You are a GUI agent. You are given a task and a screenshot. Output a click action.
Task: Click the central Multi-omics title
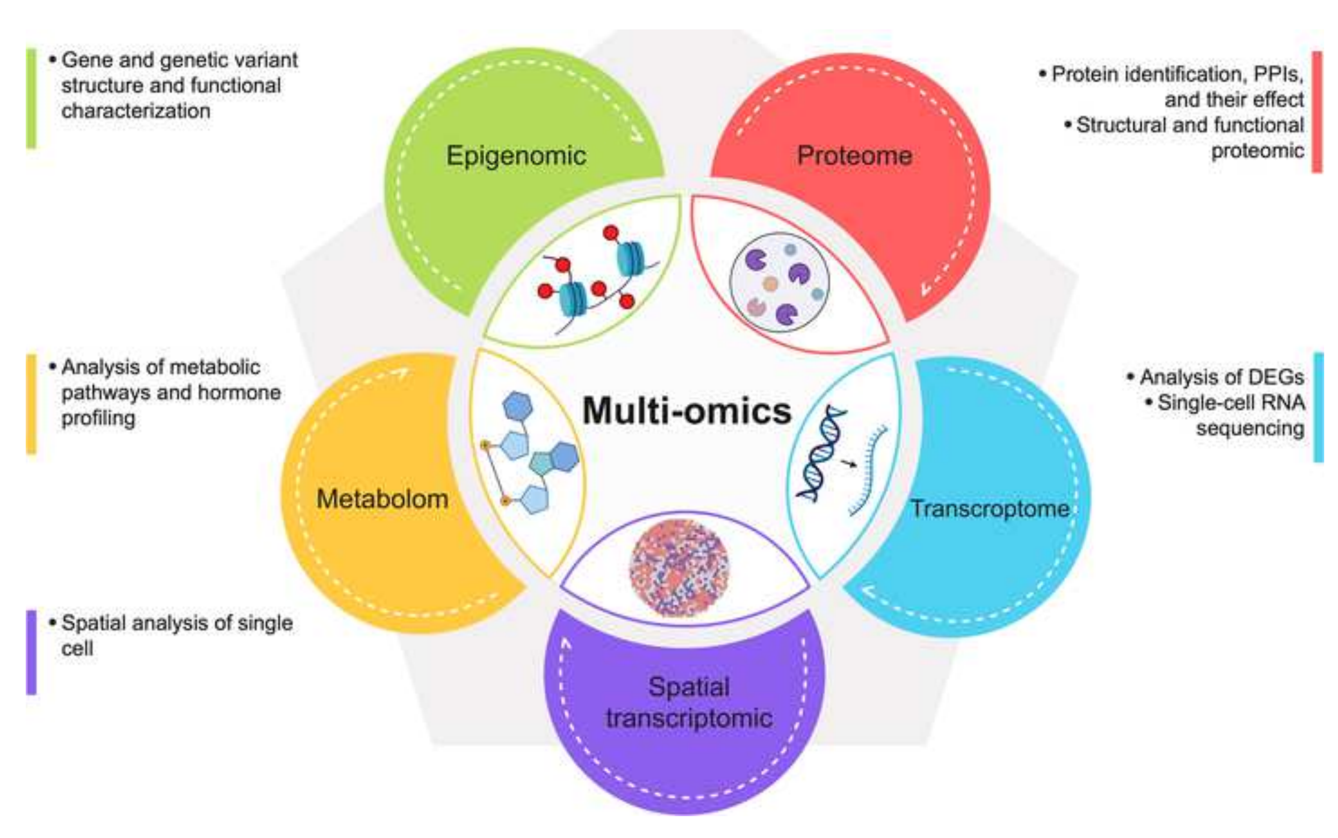687,411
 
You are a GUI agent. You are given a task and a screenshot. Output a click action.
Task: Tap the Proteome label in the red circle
854,156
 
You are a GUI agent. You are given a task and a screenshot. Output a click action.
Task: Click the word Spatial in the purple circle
689,687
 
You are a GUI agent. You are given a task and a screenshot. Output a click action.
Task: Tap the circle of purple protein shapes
779,283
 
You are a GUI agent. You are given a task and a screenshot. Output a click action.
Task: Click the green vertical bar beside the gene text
32,99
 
